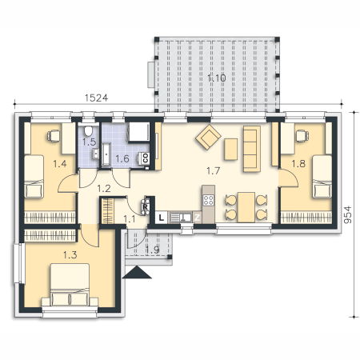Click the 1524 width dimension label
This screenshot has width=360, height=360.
96,98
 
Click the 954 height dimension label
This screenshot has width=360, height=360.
347,214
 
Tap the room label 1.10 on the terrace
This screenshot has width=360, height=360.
217,78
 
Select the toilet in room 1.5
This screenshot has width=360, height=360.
88,130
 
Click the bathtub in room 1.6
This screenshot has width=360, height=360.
106,154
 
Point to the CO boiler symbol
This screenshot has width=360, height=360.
145,158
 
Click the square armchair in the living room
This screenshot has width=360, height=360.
208,137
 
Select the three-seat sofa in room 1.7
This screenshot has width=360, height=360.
251,149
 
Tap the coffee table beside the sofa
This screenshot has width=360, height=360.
231,150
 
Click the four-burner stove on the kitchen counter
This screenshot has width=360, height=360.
208,200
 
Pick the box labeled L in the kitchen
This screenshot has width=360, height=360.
161,218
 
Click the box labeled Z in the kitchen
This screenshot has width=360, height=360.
197,218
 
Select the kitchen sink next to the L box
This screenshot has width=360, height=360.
181,218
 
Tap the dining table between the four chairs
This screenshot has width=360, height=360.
246,207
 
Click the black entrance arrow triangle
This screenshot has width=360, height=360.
137,272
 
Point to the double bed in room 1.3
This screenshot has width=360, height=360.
70,285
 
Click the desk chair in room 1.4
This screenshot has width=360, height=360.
54,136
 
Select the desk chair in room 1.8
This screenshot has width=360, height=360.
302,136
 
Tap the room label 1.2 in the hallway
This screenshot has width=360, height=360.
104,189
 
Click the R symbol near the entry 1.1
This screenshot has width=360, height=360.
146,206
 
